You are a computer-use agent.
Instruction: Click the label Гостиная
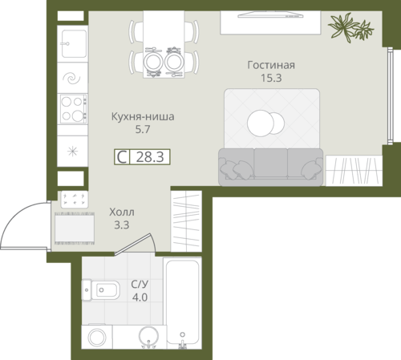(271, 65)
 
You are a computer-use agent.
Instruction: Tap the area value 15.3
(271, 78)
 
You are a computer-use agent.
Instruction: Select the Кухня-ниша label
(143, 117)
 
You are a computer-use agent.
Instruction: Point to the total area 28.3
(150, 157)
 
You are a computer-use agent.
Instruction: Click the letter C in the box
(122, 157)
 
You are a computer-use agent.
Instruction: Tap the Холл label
(122, 212)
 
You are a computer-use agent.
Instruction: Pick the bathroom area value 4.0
(140, 297)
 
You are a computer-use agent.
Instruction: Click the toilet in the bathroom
(100, 290)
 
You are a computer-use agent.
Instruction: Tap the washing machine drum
(97, 337)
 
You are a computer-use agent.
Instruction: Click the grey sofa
(270, 167)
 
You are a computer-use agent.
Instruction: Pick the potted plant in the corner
(350, 27)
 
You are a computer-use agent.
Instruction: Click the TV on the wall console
(270, 15)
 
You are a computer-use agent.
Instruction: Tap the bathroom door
(133, 244)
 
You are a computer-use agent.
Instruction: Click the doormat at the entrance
(75, 228)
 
